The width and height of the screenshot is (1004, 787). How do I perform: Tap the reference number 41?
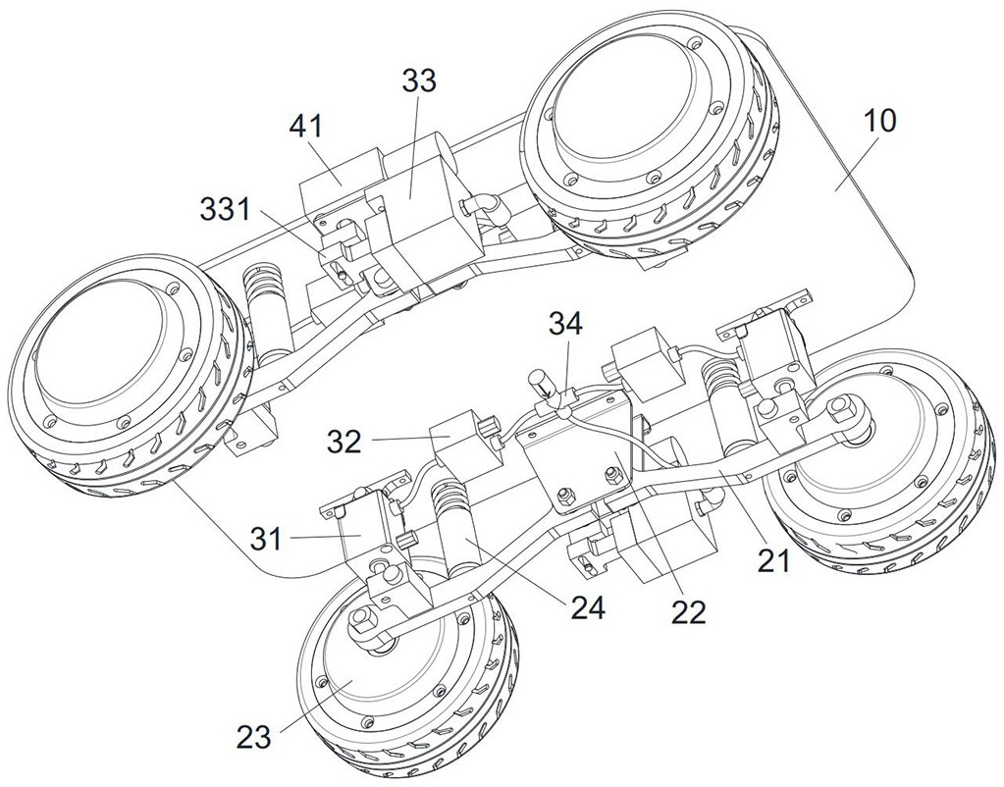click(306, 127)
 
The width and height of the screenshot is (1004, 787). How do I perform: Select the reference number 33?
click(419, 80)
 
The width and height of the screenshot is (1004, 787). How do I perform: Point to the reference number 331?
click(226, 209)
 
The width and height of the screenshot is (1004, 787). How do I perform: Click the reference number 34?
click(565, 324)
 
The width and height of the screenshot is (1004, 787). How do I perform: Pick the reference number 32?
click(345, 442)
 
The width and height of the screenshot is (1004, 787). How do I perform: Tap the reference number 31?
click(266, 539)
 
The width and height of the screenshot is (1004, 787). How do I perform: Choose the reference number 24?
click(587, 609)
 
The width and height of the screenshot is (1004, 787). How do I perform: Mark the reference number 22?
click(688, 613)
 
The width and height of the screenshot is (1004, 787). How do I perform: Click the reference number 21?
click(774, 561)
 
